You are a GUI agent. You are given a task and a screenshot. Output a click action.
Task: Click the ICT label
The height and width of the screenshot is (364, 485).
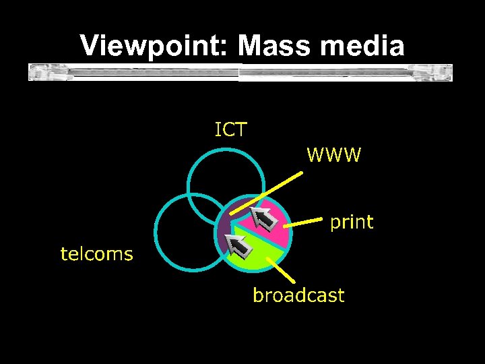tap(230, 129)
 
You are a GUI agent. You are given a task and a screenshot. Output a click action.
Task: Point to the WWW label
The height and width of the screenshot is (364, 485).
tap(334, 156)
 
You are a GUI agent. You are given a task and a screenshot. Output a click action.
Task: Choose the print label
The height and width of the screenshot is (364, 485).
tap(351, 222)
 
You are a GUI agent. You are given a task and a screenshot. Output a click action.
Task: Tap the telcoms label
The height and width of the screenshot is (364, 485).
tap(96, 253)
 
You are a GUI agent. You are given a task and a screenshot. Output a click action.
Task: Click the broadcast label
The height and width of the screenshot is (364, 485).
tap(298, 295)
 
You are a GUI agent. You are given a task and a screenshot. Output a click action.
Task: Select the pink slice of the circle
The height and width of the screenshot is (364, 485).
tap(278, 226)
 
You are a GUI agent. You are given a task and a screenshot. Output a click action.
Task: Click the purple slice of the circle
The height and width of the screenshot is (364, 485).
tap(226, 233)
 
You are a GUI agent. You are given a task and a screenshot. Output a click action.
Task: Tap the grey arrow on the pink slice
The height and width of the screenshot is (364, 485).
tap(263, 218)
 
